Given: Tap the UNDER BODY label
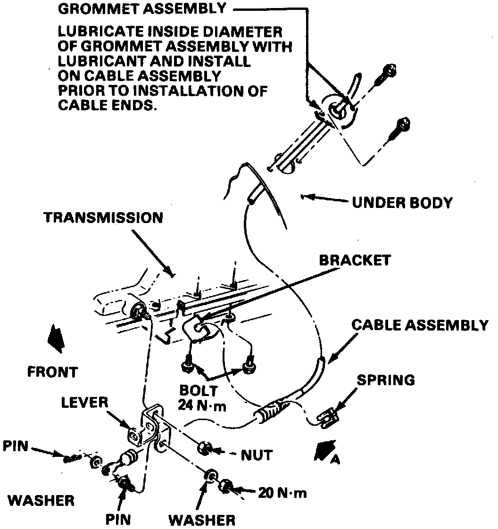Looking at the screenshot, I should click(402, 203).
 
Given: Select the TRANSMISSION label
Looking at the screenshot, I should click(103, 217).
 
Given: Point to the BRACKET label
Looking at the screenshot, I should click(355, 260).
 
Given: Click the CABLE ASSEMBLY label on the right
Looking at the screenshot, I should click(420, 325).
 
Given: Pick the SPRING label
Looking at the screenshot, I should click(385, 380).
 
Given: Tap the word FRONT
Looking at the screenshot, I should click(52, 372).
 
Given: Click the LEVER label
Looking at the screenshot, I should click(85, 403).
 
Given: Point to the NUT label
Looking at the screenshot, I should click(257, 455).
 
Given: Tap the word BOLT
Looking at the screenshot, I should click(199, 391).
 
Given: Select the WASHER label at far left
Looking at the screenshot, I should click(41, 500).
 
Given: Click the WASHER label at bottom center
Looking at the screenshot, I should click(202, 521).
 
